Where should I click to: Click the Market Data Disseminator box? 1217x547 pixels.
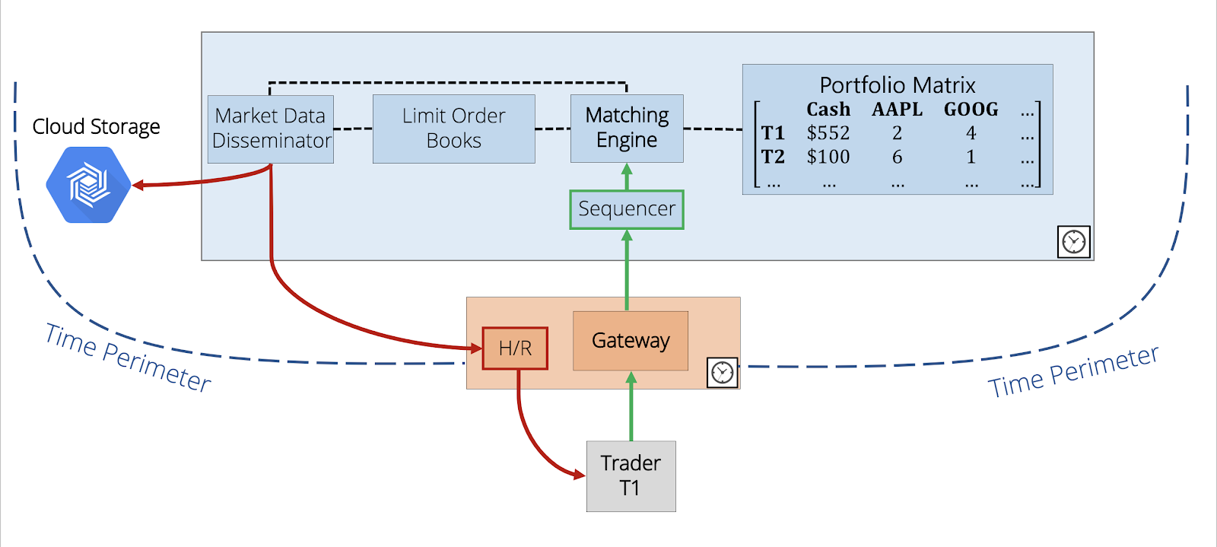[x=271, y=129]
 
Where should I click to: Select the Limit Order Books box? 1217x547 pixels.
[x=453, y=129]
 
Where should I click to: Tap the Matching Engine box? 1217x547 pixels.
[x=627, y=128]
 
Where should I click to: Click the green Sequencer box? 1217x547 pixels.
[x=627, y=209]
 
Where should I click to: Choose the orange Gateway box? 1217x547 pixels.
[x=631, y=341]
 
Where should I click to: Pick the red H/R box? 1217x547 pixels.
[x=515, y=348]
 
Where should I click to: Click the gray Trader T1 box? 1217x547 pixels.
[x=631, y=475]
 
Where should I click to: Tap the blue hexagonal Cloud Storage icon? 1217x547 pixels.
[x=89, y=185]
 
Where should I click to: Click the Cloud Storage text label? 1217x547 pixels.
[x=96, y=126]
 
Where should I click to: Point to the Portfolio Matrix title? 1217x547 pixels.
[x=897, y=84]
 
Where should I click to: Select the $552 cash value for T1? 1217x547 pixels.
[x=828, y=133]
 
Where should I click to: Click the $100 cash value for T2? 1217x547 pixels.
[x=828, y=157]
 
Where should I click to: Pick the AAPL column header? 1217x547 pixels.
[x=897, y=110]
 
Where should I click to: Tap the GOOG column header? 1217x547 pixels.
[x=971, y=110]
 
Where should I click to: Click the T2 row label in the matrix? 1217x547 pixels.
[x=773, y=157]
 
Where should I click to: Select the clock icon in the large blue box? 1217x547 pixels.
[x=1073, y=242]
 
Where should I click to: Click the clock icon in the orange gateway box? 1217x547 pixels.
[x=722, y=373]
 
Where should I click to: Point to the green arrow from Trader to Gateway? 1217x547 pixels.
[x=631, y=406]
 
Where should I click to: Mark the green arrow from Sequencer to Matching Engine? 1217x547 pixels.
[x=627, y=177]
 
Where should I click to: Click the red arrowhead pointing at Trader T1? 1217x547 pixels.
[x=578, y=475]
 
